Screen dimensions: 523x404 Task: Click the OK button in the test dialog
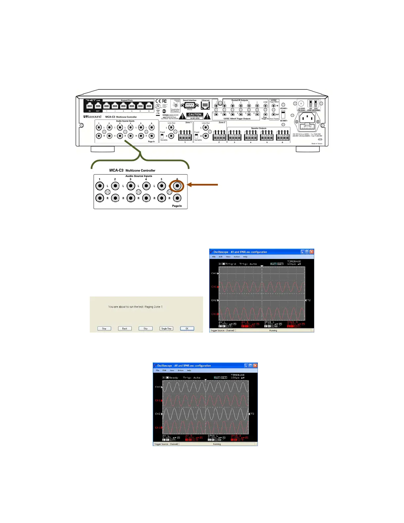click(187, 329)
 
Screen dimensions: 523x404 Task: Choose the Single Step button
click(166, 329)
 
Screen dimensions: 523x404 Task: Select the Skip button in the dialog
click(146, 329)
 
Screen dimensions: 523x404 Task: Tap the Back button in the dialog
click(125, 329)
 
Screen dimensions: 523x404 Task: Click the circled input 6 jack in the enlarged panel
click(177, 186)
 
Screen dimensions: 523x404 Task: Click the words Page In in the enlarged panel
click(177, 206)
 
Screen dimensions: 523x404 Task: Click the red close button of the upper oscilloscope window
click(312, 252)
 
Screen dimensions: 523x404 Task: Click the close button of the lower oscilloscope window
click(255, 366)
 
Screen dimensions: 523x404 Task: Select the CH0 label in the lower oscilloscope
click(158, 387)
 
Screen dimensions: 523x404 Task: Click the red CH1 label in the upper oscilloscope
click(214, 287)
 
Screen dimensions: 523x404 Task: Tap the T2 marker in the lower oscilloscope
click(252, 414)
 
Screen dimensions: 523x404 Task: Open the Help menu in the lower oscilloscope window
click(189, 370)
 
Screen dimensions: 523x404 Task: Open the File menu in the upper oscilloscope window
click(214, 257)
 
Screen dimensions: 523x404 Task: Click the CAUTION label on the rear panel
click(195, 115)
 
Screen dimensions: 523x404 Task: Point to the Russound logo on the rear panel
click(93, 117)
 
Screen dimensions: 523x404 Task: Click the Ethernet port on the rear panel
click(205, 105)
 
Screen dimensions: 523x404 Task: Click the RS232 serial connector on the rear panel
click(189, 106)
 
